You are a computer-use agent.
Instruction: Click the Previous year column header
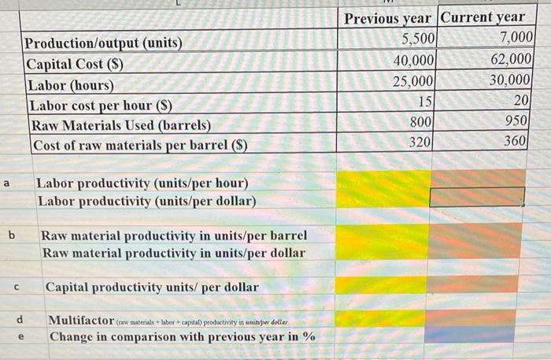(387, 17)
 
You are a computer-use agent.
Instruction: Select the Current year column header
(483, 17)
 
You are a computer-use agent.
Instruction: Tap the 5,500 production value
(416, 38)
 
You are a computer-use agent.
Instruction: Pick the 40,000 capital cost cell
(413, 59)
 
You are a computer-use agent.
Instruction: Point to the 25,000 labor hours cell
(413, 80)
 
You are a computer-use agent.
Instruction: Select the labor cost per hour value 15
(424, 101)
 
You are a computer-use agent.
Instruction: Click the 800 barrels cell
(420, 122)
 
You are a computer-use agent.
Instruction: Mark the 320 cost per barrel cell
(420, 143)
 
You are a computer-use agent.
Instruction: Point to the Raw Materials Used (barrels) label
(120, 125)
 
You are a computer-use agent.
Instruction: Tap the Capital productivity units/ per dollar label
(151, 288)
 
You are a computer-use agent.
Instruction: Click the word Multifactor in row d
(81, 320)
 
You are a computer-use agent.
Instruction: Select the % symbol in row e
(309, 336)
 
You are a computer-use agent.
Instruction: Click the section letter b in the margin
(12, 235)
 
